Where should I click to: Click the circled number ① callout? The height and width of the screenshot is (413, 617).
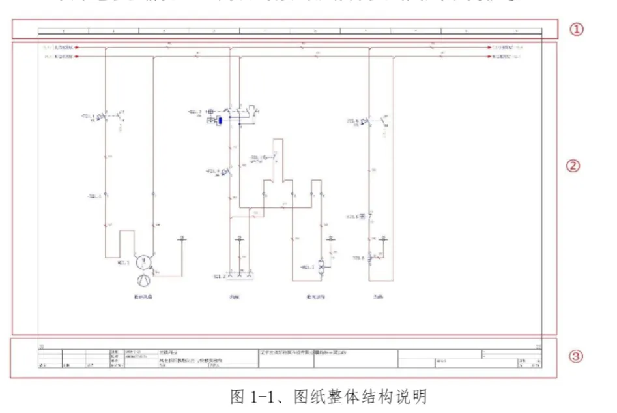[x=577, y=29]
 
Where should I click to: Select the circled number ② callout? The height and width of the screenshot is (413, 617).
[x=573, y=166]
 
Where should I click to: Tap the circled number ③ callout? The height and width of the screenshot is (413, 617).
[x=576, y=356]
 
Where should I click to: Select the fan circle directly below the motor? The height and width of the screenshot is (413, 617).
[x=142, y=281]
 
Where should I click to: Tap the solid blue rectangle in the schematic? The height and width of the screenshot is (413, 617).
[x=222, y=120]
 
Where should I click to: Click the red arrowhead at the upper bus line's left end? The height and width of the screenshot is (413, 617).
[x=77, y=48]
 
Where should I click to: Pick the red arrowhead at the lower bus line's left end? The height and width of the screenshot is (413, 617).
[x=77, y=57]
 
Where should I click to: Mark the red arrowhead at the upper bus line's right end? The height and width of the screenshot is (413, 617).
[x=492, y=48]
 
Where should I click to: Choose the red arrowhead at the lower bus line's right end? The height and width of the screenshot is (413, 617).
[x=492, y=57]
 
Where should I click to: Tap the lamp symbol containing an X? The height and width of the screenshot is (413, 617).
[x=321, y=268]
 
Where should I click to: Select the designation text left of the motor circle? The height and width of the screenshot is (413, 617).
[x=123, y=263]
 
